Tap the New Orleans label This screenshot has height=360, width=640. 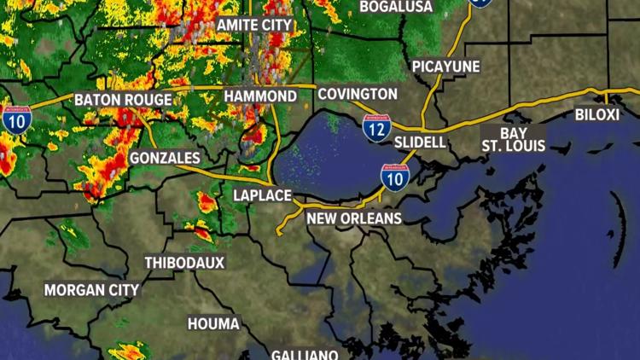(x=354, y=219)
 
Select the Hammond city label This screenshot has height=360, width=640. (x=260, y=96)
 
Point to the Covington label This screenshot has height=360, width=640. (x=358, y=94)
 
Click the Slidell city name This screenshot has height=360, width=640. (x=420, y=142)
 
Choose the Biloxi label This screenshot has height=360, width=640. (x=596, y=115)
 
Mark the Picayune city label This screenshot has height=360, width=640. (x=445, y=67)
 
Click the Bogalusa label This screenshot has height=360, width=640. (x=396, y=7)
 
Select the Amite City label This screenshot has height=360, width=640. (x=254, y=26)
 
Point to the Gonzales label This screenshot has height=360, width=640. (x=165, y=158)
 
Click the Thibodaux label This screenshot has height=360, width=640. (x=184, y=263)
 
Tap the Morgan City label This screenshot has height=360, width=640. (x=91, y=290)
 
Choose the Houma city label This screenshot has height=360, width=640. (x=214, y=324)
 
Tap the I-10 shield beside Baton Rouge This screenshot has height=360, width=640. (x=16, y=119)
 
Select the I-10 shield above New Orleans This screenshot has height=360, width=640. (x=394, y=176)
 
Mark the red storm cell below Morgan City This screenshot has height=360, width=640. (x=131, y=350)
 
